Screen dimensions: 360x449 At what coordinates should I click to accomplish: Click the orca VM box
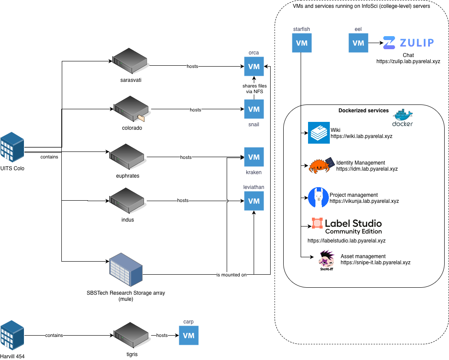(x=254, y=67)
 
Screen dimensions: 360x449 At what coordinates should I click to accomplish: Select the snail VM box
(x=254, y=109)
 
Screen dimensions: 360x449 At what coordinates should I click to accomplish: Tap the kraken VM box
(x=254, y=157)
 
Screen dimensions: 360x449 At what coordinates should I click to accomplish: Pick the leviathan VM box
(x=254, y=201)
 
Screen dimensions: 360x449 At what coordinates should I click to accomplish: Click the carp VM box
(x=188, y=336)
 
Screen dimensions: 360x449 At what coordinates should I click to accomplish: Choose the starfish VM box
(x=302, y=43)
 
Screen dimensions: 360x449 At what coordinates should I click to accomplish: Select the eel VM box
(x=358, y=43)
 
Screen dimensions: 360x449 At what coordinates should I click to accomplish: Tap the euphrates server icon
(x=127, y=157)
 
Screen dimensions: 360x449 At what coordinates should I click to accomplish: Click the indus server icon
(x=127, y=201)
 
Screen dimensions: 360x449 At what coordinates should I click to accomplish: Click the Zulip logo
(x=409, y=43)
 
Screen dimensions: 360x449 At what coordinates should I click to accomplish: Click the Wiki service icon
(x=319, y=133)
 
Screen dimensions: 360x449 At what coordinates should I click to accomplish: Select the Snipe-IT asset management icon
(x=326, y=260)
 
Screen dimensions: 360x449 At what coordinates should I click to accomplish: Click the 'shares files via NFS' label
(x=255, y=89)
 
